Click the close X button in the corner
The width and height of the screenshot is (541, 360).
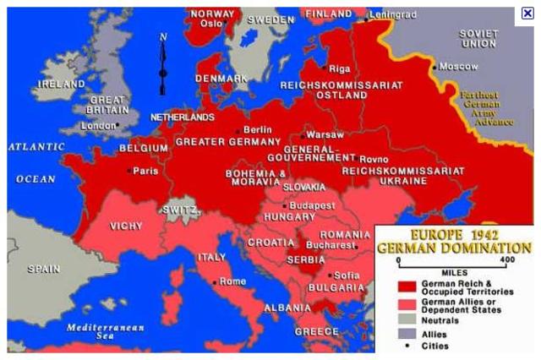tap(527, 13)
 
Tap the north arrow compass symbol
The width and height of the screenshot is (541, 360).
tap(163, 63)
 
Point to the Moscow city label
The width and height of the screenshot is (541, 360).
tap(458, 65)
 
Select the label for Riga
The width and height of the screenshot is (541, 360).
tap(339, 68)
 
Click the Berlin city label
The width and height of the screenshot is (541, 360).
tap(257, 129)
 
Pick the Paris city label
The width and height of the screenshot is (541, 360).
tap(145, 171)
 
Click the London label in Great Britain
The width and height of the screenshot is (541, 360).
tap(98, 126)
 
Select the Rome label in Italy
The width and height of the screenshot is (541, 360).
tap(233, 281)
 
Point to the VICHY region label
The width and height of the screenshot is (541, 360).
tap(126, 226)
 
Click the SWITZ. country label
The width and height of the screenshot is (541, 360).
tap(179, 210)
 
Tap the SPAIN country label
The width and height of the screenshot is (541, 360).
tap(43, 269)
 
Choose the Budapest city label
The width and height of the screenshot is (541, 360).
tap(312, 205)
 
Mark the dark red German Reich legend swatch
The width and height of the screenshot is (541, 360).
tap(408, 286)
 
